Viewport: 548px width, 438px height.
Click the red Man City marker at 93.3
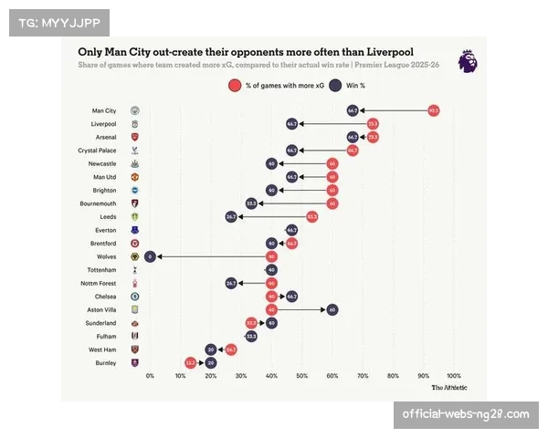click(x=434, y=109)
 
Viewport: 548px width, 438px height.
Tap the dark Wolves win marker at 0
click(x=150, y=256)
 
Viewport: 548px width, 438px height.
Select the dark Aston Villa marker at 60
click(x=332, y=309)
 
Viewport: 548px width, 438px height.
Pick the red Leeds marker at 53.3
click(x=311, y=216)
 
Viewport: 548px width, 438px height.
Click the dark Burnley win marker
click(x=211, y=362)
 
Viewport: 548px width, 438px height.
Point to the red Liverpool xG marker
click(x=373, y=123)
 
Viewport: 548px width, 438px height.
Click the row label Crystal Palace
click(x=96, y=150)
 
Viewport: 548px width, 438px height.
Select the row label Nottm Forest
click(x=99, y=283)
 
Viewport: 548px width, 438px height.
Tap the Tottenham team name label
click(x=100, y=270)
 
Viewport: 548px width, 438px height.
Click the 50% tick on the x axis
click(x=302, y=375)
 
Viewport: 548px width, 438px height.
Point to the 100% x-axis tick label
click(x=453, y=375)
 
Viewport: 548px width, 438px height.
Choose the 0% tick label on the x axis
click(x=150, y=375)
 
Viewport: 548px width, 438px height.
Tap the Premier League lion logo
click(x=467, y=61)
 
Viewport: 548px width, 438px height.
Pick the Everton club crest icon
click(x=135, y=230)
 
